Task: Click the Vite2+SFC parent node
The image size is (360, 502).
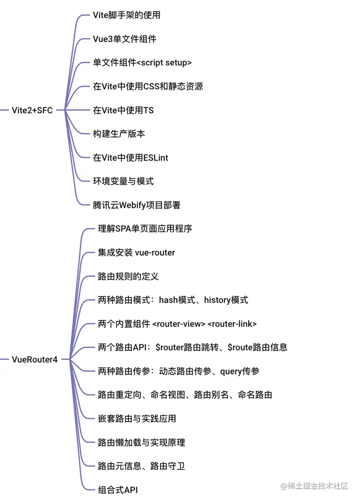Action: [x=32, y=110]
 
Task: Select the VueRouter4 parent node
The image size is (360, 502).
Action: [x=35, y=360]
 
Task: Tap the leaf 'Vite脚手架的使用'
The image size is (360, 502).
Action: [x=126, y=15]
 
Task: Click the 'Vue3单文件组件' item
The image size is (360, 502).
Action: [x=125, y=39]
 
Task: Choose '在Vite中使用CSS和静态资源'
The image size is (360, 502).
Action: [x=148, y=86]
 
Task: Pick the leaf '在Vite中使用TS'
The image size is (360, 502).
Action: [x=123, y=110]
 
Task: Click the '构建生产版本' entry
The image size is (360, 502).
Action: [x=119, y=134]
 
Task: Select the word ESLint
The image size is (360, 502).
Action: [x=156, y=158]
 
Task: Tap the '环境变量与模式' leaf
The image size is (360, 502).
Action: [x=123, y=181]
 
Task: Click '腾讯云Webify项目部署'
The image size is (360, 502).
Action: [x=136, y=205]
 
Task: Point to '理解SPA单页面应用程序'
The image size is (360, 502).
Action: [x=145, y=228]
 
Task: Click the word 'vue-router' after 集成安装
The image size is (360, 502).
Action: [x=155, y=252]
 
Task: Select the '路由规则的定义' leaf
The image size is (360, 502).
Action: [x=128, y=276]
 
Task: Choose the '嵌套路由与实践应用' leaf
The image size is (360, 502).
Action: [x=137, y=418]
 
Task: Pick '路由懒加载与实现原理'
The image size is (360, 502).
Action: [x=141, y=442]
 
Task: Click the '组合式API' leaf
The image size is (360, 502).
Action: [x=117, y=490]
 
